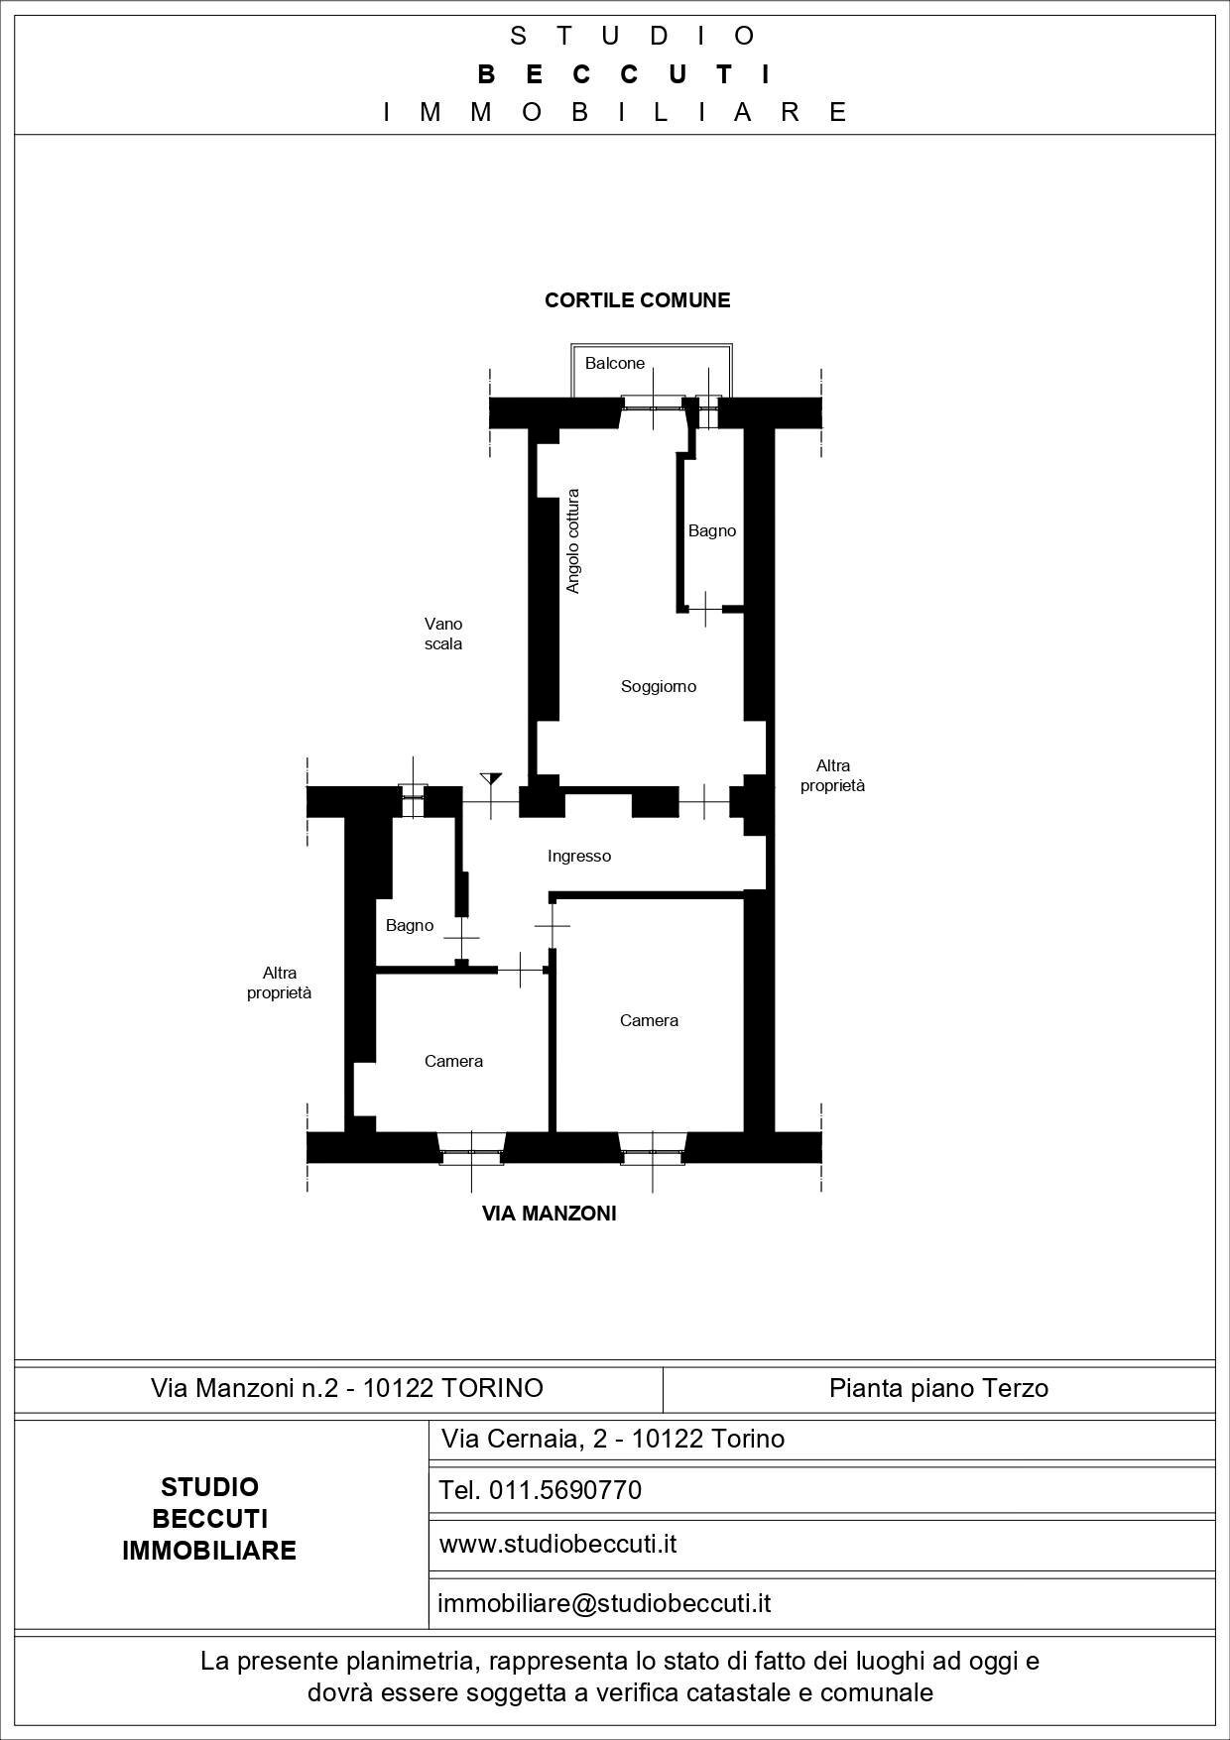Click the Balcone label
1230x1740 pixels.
click(614, 364)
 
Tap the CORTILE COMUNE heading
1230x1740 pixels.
click(637, 300)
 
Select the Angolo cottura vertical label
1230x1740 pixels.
click(572, 541)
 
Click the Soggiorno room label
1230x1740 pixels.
click(659, 686)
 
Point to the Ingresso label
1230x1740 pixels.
click(579, 856)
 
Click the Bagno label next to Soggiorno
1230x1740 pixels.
click(712, 531)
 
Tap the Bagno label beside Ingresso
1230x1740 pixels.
click(410, 925)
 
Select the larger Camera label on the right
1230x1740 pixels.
click(649, 1020)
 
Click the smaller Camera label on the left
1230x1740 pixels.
click(453, 1061)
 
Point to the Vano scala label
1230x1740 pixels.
click(443, 634)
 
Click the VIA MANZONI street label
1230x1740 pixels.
click(549, 1214)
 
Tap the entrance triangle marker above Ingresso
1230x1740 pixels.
click(490, 779)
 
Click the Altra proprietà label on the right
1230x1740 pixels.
click(833, 775)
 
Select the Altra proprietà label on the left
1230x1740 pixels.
click(280, 983)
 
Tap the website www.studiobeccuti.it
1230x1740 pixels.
click(557, 1544)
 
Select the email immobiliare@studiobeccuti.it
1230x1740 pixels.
click(604, 1603)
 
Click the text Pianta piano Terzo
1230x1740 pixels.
click(938, 1388)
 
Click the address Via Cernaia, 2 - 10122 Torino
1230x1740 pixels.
click(613, 1439)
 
